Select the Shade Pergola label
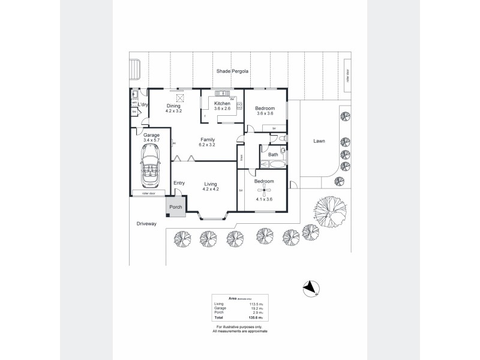coord(233,71)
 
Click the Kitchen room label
coord(222,104)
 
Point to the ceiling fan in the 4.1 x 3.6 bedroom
coord(264,191)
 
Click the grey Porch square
coord(175,207)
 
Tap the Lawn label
coord(319,142)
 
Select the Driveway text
coord(146,224)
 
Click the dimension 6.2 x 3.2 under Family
coord(207,145)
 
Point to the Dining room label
coord(173,106)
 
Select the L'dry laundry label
coord(143,106)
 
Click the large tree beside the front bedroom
coord(330,212)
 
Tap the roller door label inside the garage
coord(148,194)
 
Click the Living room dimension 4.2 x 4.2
coord(210,190)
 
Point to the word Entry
coord(179,183)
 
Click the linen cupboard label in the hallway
coord(241,157)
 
